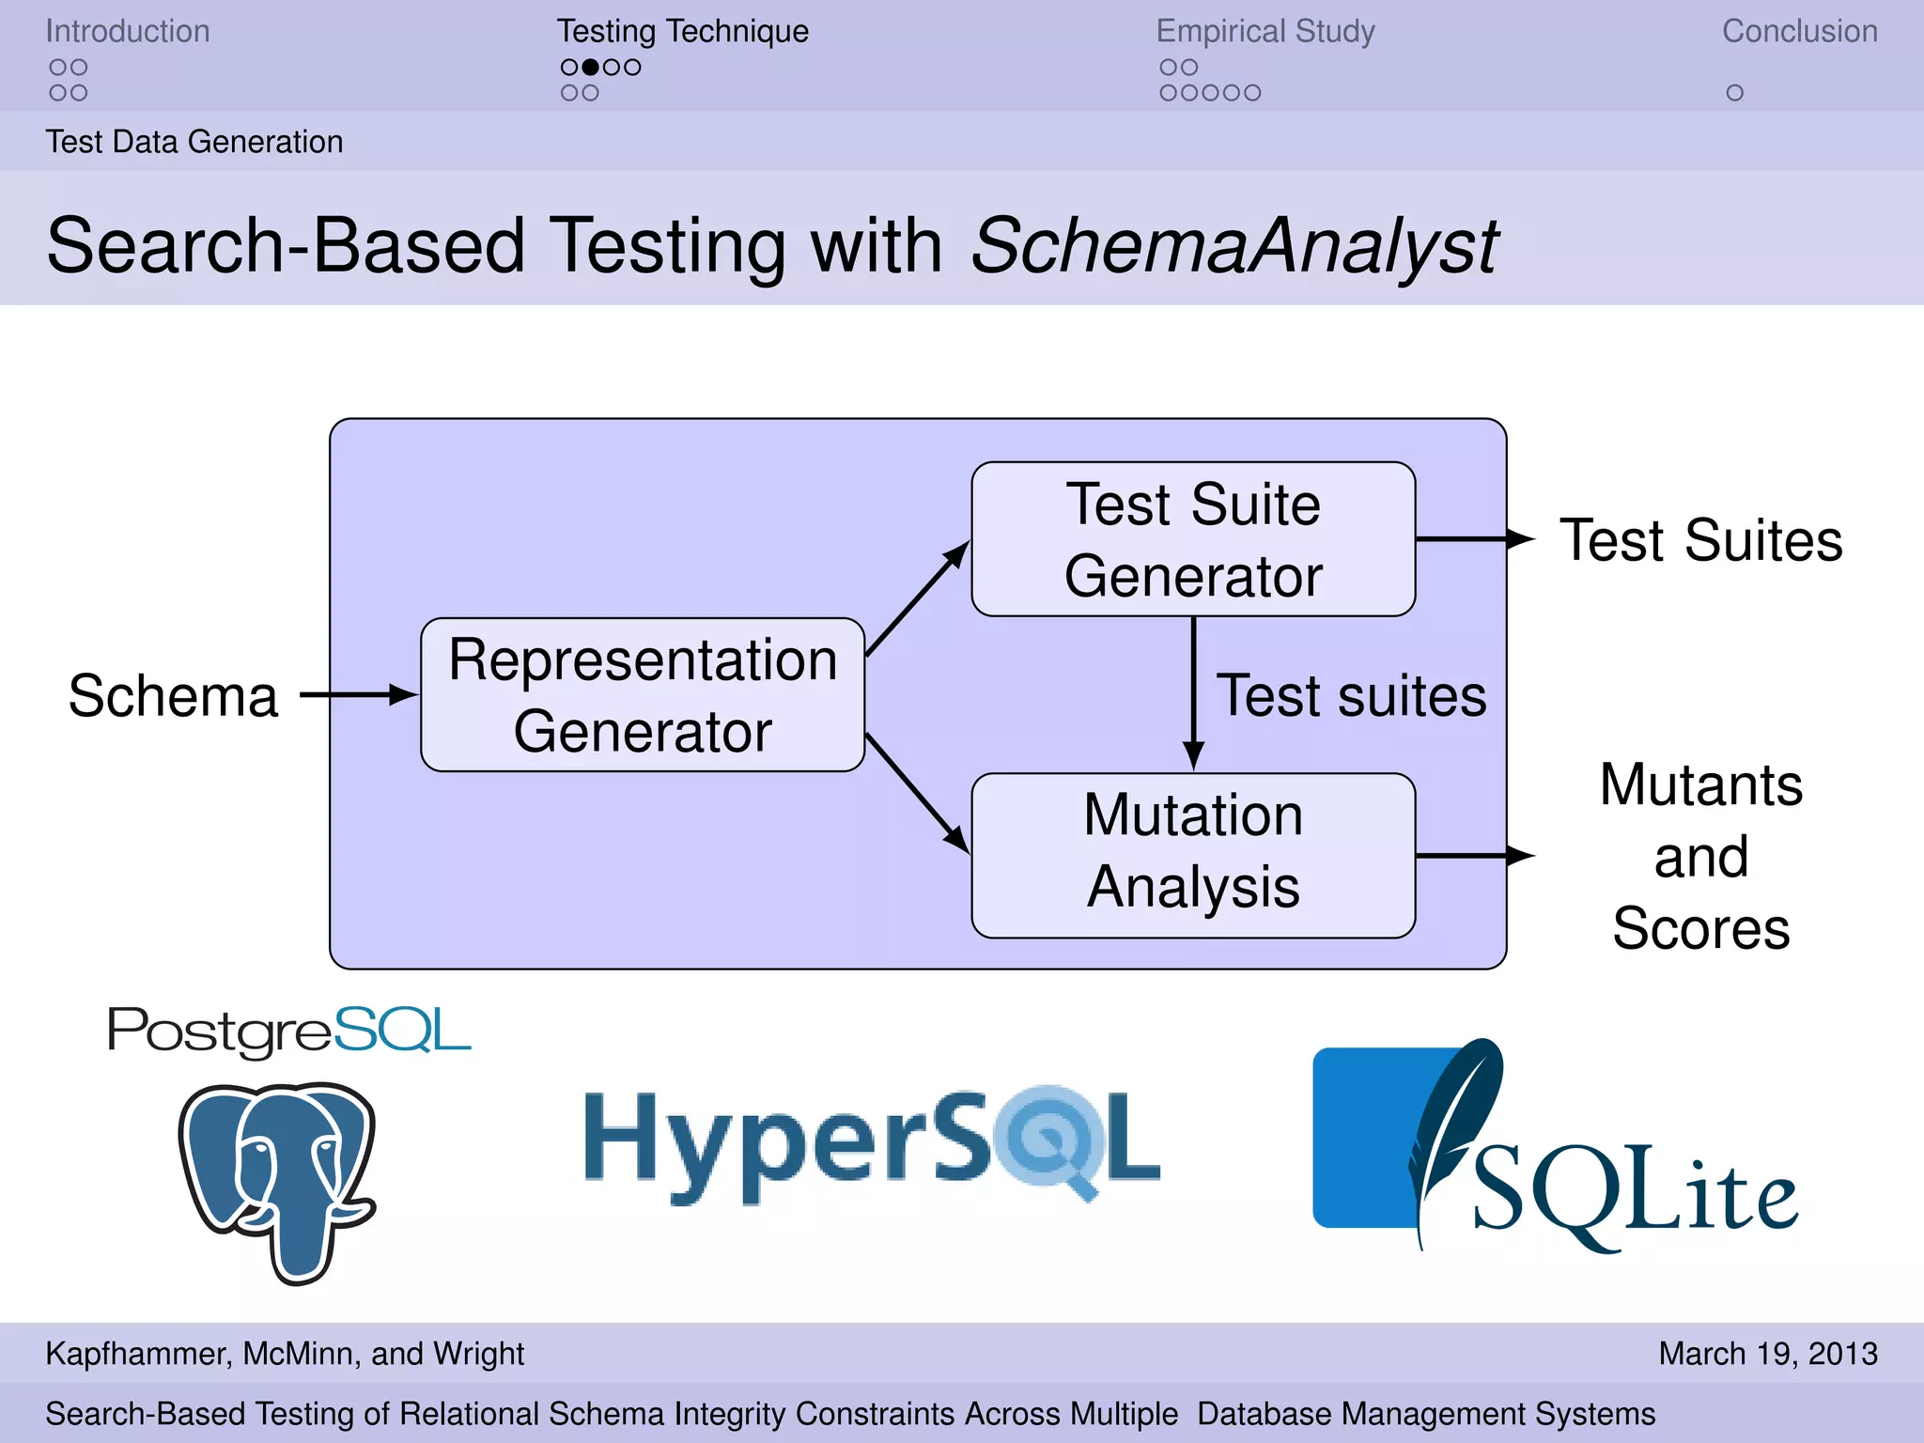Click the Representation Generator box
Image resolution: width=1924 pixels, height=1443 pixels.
point(643,695)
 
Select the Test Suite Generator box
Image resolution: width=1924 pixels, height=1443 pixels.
point(1193,539)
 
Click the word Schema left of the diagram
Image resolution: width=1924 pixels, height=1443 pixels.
point(174,696)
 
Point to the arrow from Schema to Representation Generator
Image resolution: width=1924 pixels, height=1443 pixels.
point(357,695)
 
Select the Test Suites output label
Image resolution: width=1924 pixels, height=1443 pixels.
point(1700,541)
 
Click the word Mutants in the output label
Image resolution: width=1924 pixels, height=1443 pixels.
point(1700,785)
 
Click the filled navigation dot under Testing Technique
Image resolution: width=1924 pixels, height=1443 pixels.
point(590,68)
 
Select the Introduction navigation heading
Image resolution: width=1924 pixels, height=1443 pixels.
point(128,31)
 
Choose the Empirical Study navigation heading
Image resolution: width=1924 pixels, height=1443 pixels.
point(1265,31)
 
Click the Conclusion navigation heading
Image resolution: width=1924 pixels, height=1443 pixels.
point(1799,31)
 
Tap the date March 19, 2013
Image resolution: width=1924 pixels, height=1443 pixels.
point(1767,1354)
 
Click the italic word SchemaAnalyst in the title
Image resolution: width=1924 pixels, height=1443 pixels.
point(1234,246)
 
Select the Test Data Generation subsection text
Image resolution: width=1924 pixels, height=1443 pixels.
point(194,142)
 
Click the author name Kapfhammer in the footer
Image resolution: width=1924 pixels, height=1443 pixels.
point(137,1354)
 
